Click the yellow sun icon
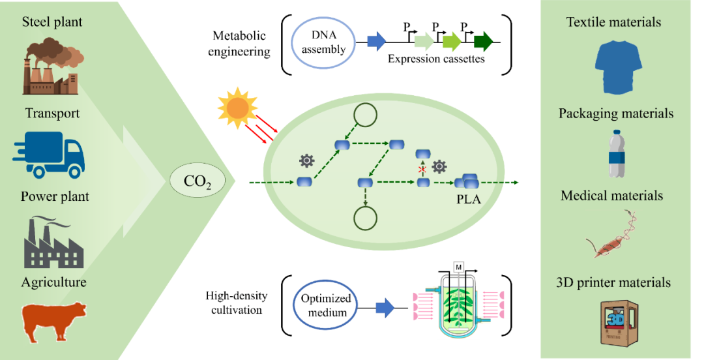coord(238,106)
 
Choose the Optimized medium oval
coord(326,307)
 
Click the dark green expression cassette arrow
coord(483,42)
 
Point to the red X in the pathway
coord(422,169)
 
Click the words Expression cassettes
coord(436,59)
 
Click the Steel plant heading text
coord(52,22)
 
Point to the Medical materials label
coord(612,196)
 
